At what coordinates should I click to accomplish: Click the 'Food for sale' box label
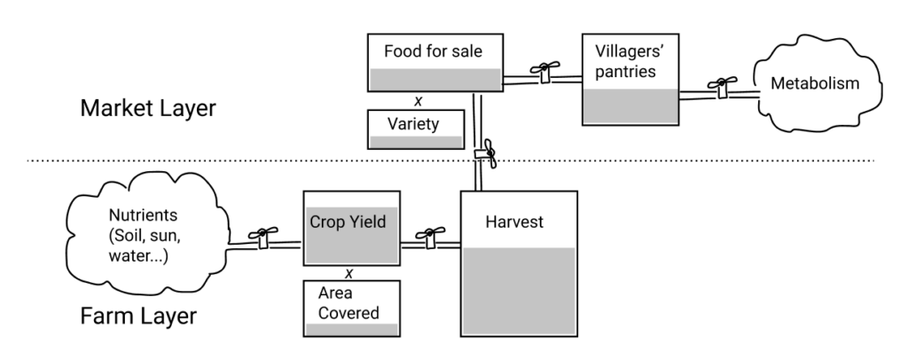tap(434, 51)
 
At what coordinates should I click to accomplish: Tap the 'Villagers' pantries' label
tap(626, 62)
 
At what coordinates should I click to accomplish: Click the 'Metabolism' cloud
tap(816, 84)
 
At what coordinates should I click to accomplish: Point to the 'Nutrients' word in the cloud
tap(138, 215)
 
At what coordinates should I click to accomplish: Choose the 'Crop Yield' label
tap(348, 222)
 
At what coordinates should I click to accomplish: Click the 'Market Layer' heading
tap(148, 109)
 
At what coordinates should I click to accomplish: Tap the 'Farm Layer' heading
tap(137, 316)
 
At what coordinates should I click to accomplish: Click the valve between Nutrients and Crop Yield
tap(262, 237)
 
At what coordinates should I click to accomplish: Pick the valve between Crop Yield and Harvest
tap(431, 237)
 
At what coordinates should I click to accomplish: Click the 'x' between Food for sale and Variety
tap(418, 100)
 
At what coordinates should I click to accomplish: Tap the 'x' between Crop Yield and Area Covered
tap(348, 272)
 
